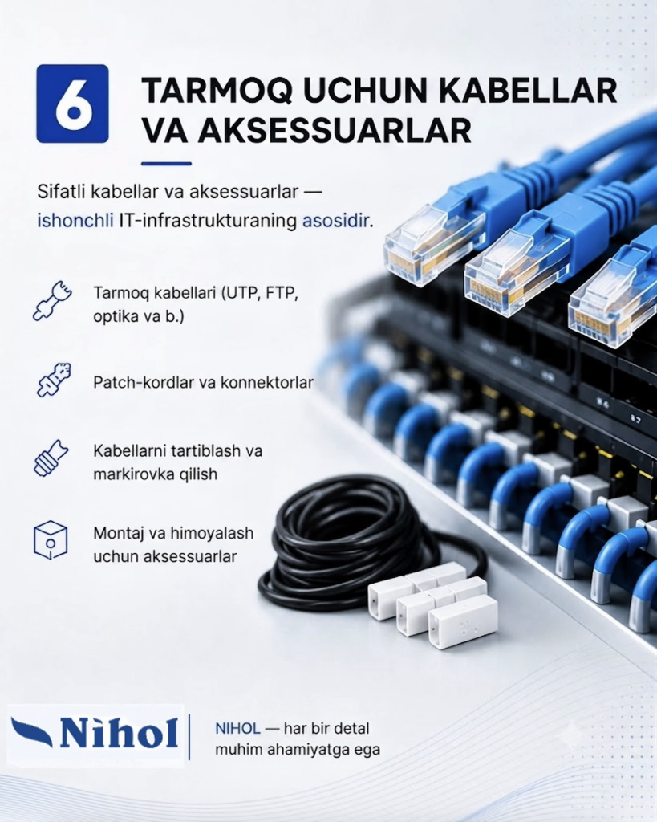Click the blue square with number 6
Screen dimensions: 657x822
coord(72,104)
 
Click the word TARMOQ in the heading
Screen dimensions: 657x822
coord(217,90)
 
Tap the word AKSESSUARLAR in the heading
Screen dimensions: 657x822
coord(335,131)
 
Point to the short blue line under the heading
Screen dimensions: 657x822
coord(166,164)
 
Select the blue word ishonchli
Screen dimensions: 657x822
coord(75,220)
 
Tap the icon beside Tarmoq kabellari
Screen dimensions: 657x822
coord(52,300)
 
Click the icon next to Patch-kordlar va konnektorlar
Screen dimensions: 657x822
coord(54,379)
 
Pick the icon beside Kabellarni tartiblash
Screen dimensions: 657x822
coord(51,458)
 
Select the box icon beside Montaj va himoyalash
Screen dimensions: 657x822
coord(51,540)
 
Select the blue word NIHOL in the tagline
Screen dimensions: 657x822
coord(237,728)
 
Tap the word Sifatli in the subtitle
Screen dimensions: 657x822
coord(61,191)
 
